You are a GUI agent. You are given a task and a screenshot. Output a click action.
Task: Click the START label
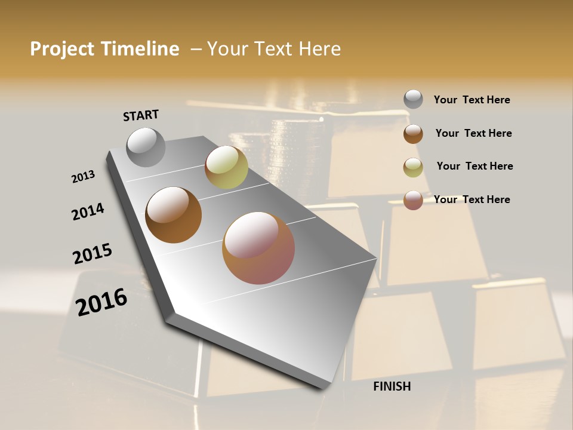click(141, 115)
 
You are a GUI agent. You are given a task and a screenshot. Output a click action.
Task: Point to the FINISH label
click(392, 386)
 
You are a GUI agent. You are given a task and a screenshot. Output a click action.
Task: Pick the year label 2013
click(83, 176)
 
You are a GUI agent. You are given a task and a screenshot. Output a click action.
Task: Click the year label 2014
click(88, 211)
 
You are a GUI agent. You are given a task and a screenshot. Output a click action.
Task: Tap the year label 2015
click(93, 254)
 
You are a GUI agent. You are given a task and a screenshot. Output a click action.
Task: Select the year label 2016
click(101, 302)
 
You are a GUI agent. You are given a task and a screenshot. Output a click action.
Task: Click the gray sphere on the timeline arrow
click(146, 147)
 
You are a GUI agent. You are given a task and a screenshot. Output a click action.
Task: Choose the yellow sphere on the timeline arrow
click(226, 167)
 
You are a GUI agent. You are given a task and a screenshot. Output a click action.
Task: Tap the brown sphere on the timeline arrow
click(173, 215)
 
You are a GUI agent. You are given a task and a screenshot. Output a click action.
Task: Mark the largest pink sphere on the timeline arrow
click(258, 248)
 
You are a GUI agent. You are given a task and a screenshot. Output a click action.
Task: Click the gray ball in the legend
click(413, 99)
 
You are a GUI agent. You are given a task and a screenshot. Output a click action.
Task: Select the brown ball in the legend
click(413, 134)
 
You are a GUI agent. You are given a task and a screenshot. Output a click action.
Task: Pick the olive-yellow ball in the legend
click(413, 167)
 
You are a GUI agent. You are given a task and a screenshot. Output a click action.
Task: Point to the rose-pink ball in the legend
click(413, 200)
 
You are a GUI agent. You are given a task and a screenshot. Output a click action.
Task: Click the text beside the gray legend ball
click(472, 100)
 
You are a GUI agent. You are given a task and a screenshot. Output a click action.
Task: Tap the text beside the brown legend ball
click(473, 133)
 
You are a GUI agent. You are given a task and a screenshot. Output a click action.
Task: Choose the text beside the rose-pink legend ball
click(472, 199)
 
